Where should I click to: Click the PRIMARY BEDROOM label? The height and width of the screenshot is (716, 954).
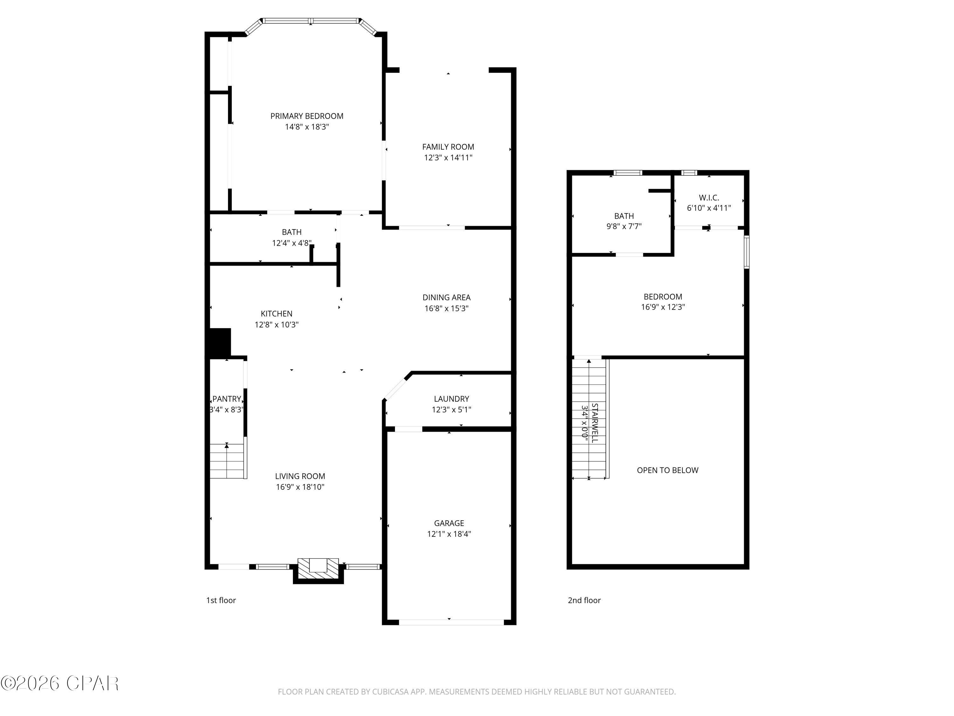[307, 116]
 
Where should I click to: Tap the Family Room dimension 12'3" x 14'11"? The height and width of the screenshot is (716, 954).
[448, 158]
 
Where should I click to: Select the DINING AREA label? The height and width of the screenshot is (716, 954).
[446, 297]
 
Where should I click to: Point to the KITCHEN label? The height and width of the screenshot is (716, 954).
[276, 314]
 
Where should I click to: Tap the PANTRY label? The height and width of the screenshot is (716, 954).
[227, 399]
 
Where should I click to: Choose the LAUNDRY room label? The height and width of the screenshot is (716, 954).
[451, 399]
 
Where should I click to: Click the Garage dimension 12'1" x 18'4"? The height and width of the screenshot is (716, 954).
[449, 534]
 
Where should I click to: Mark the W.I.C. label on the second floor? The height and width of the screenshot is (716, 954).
[709, 198]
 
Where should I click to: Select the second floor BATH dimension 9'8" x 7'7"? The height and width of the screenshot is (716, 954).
[624, 226]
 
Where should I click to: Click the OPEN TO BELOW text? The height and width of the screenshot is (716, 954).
[667, 470]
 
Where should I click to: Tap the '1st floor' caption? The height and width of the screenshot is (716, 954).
[221, 600]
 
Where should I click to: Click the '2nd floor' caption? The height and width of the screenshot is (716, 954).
[584, 600]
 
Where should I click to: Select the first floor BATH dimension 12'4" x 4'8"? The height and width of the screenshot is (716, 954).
[292, 243]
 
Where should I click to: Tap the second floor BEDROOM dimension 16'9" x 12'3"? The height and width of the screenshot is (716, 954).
[663, 307]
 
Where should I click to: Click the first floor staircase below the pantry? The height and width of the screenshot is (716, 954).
[227, 461]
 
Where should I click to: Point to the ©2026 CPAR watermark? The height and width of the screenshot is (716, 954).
[59, 683]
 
